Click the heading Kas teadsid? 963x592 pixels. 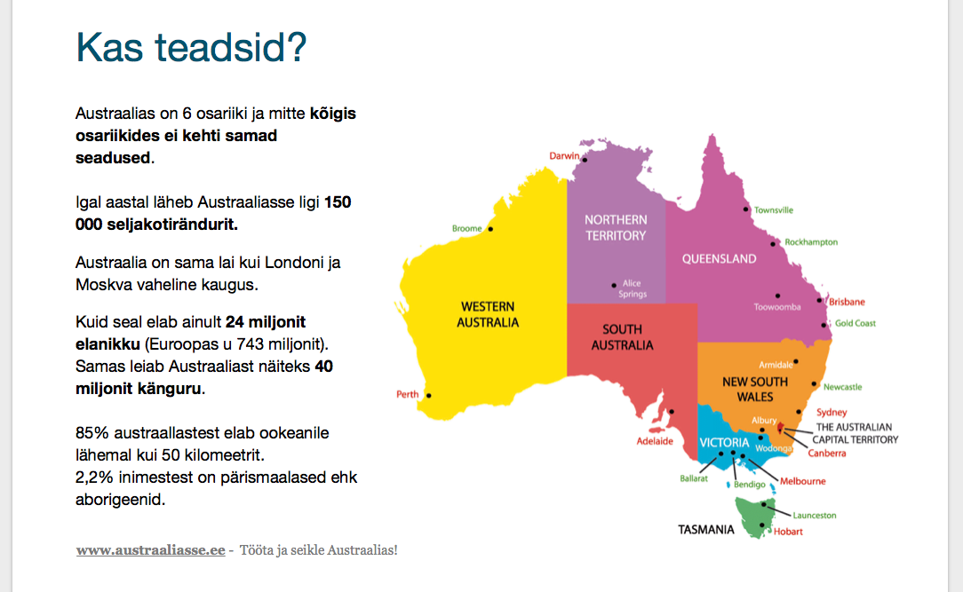191,47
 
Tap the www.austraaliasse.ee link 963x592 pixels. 150,549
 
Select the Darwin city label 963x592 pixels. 564,156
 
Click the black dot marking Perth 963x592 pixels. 429,396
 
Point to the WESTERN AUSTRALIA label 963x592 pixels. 488,314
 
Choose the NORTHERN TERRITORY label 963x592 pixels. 616,227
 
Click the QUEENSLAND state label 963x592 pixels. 720,259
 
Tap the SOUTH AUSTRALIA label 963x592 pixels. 622,337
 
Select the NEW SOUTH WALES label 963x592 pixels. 755,389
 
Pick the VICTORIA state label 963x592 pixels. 724,443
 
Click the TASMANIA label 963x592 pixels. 705,529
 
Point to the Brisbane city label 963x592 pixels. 847,302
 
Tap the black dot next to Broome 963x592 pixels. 490,229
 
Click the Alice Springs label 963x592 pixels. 632,288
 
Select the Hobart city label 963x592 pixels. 788,532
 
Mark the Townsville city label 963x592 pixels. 773,209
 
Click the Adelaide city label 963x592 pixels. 655,441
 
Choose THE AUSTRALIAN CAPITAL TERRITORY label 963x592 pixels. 855,433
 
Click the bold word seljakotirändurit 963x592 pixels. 172,225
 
